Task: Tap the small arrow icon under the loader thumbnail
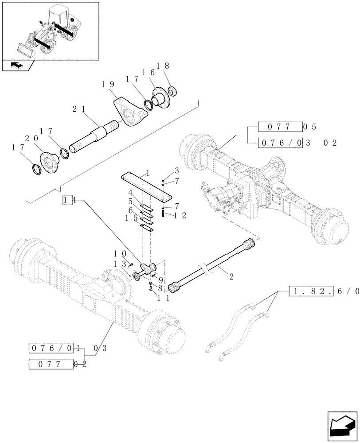[17, 65]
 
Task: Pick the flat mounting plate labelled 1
[146, 183]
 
